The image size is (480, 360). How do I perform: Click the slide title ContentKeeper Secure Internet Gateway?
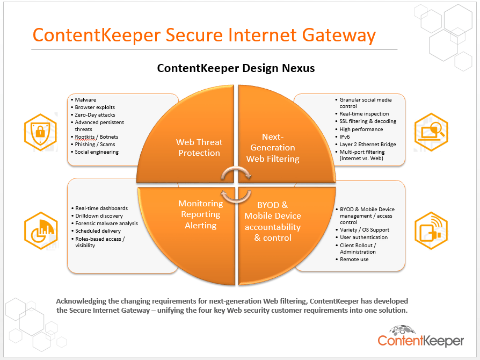pos(204,35)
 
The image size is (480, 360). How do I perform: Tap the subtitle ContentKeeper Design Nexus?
pos(236,68)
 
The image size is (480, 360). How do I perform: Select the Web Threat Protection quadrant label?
pos(199,147)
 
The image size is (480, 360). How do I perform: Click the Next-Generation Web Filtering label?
pos(272,147)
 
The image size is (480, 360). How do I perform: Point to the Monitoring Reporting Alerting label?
pos(200,214)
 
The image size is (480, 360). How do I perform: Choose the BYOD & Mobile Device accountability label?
pos(273,221)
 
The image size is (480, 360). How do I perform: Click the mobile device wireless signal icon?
pos(431,229)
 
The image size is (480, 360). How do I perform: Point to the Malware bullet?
pos(86,100)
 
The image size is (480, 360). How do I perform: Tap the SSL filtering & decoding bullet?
pos(368,121)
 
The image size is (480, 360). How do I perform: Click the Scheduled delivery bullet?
pos(99,231)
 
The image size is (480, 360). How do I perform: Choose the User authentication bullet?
pos(363,237)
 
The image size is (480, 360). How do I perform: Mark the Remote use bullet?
pos(354,260)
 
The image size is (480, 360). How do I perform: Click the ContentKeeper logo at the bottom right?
pos(420,337)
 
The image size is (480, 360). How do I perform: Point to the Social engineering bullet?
pos(97,152)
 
